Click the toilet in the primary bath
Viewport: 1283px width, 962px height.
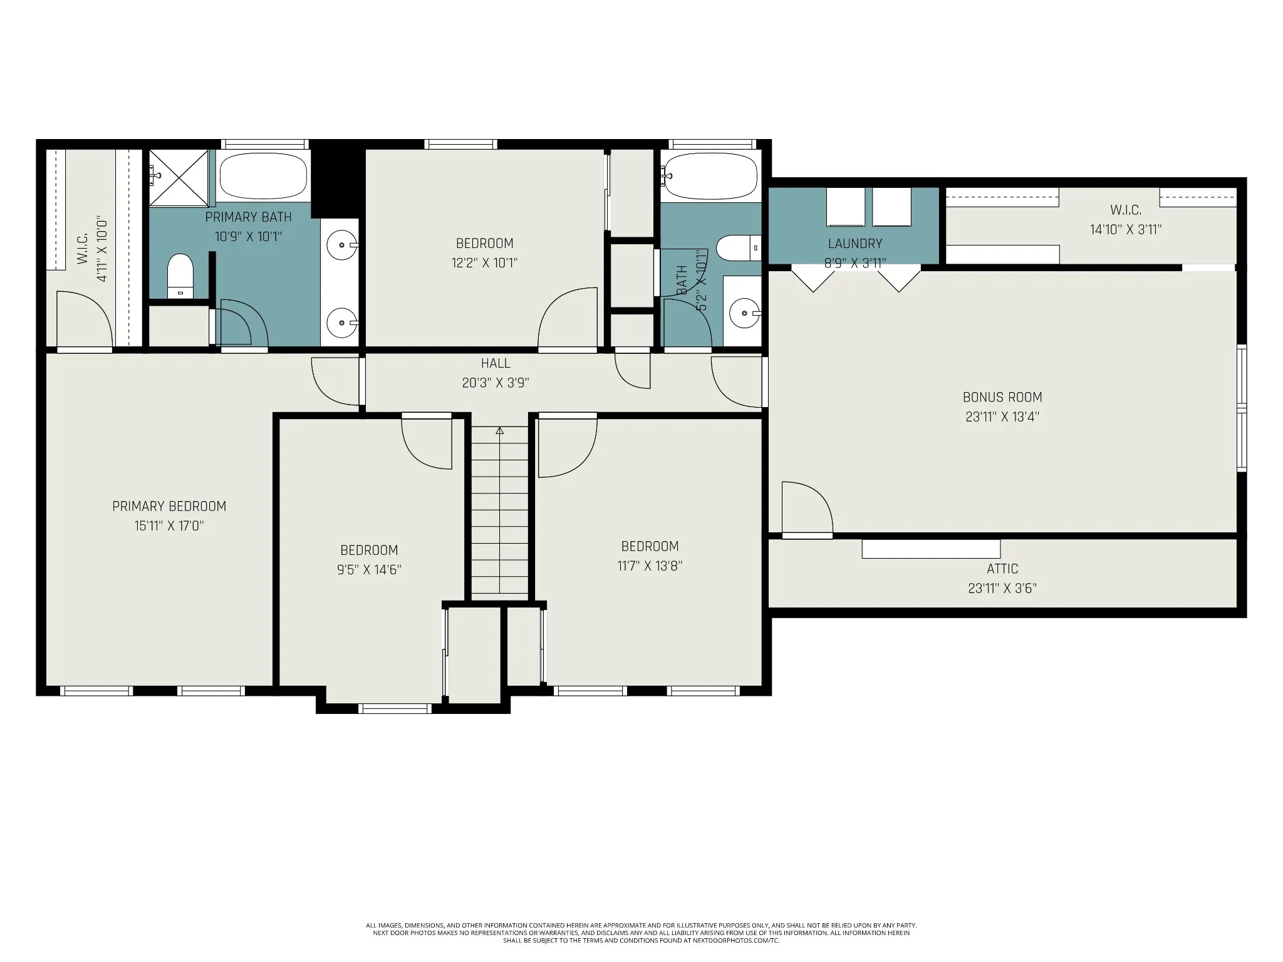click(180, 276)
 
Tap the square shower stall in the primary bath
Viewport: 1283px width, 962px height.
click(179, 177)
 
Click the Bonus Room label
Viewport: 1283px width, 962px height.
click(1002, 397)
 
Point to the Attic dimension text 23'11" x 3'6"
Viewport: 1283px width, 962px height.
click(1002, 588)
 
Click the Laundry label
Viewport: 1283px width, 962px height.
click(855, 244)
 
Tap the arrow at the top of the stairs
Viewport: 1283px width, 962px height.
click(499, 431)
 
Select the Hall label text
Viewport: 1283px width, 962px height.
click(496, 363)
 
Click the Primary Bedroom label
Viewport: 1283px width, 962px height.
click(169, 506)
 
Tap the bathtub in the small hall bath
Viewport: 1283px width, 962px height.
click(712, 175)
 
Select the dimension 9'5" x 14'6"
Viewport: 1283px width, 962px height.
click(369, 569)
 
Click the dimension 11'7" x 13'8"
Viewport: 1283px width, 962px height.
click(650, 566)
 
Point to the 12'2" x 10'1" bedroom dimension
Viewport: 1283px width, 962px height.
click(485, 262)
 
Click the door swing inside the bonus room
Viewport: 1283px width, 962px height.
click(808, 507)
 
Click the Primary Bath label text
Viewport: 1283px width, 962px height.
click(249, 217)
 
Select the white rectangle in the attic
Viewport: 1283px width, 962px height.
click(931, 549)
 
